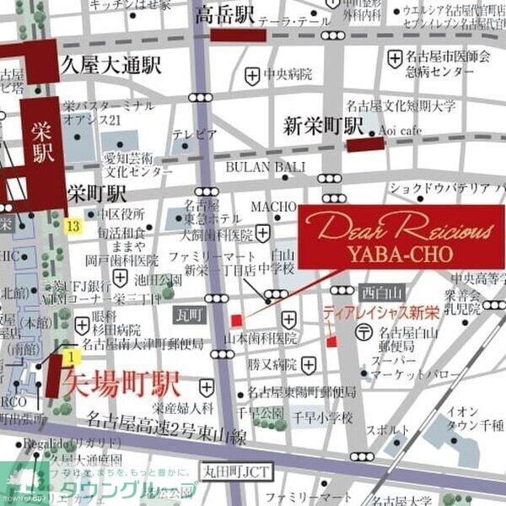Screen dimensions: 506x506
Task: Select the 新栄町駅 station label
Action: (323, 126)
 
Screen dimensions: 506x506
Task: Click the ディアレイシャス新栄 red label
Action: (381, 313)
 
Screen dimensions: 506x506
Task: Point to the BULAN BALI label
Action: (266, 167)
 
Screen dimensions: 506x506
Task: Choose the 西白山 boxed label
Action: (376, 293)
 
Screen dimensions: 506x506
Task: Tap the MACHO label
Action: (277, 207)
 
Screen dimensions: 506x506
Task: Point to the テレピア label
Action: (195, 134)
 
